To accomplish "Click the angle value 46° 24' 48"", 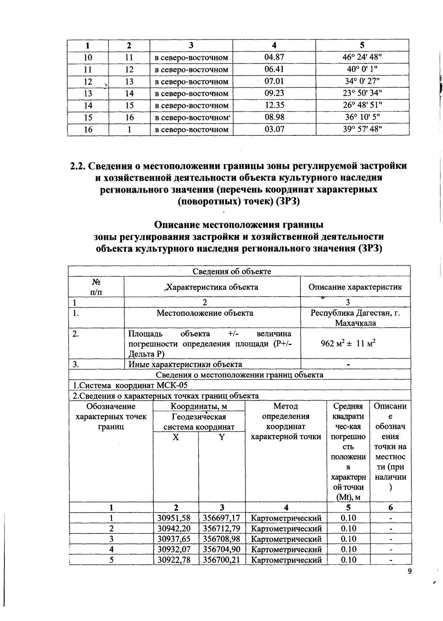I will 362,58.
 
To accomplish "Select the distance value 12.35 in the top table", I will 274,106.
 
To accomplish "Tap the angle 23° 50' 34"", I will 362,93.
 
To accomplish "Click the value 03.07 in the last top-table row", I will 274,130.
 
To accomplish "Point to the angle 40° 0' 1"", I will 362,69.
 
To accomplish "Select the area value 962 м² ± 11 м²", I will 348,344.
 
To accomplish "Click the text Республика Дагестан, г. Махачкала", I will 355,318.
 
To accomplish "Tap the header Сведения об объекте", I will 232,272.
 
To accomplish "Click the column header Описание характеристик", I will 355,287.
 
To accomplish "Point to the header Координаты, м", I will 199,407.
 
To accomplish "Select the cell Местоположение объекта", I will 205,313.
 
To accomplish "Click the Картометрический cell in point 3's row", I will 286,539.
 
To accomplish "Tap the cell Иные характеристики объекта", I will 185,365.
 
